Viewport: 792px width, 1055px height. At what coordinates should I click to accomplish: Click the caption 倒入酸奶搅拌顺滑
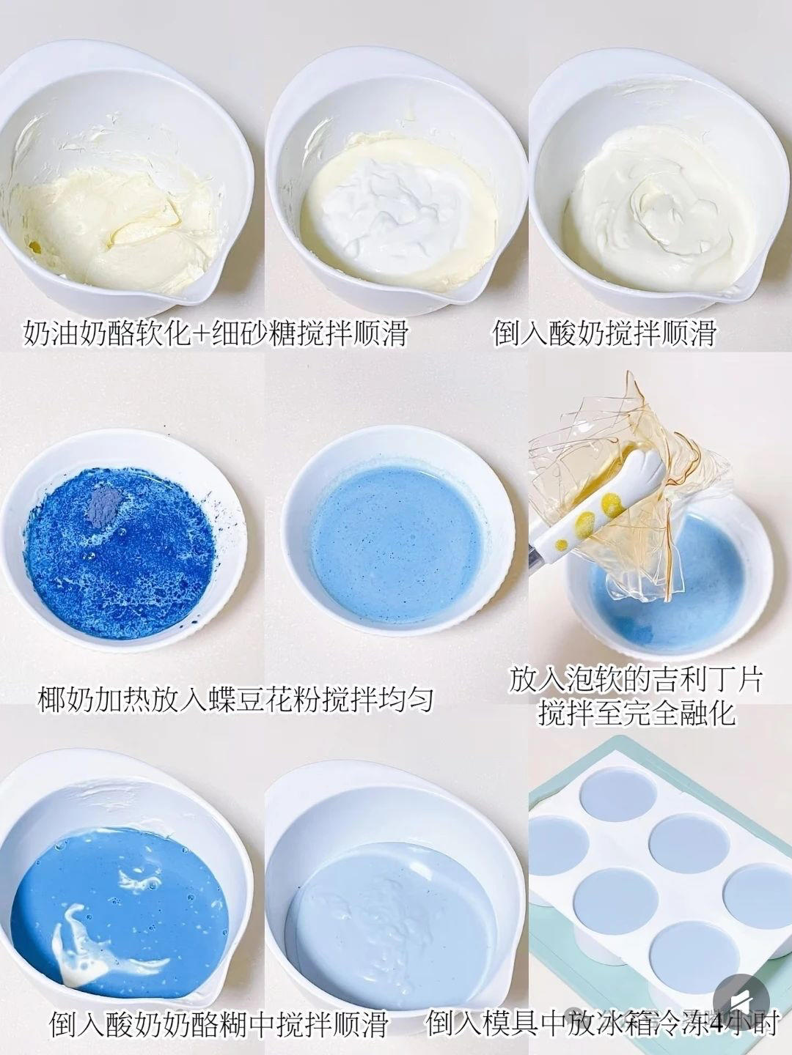click(604, 334)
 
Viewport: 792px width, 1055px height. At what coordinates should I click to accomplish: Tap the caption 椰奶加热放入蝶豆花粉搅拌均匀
click(235, 700)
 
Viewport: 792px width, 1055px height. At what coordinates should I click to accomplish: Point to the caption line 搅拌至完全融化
click(636, 712)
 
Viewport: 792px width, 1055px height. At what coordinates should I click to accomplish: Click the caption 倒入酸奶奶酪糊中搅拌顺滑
click(219, 1023)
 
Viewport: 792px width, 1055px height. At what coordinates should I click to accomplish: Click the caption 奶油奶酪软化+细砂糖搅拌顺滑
click(216, 334)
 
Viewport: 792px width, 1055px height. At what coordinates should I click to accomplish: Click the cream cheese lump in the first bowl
click(139, 220)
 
